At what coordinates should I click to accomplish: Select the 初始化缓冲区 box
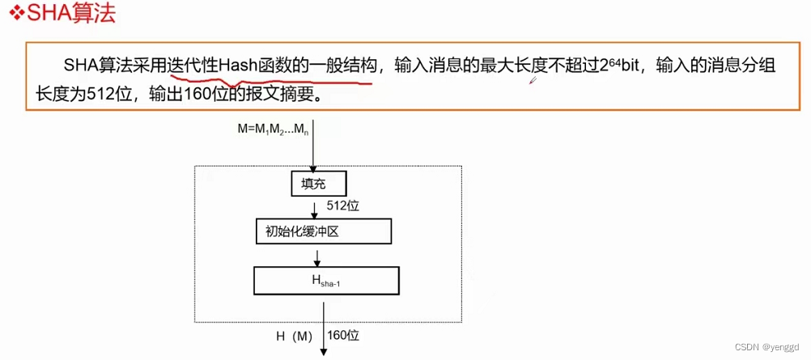[323, 231]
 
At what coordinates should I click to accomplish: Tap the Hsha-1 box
[326, 281]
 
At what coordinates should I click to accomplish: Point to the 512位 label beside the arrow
[342, 206]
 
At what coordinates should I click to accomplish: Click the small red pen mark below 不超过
[534, 80]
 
